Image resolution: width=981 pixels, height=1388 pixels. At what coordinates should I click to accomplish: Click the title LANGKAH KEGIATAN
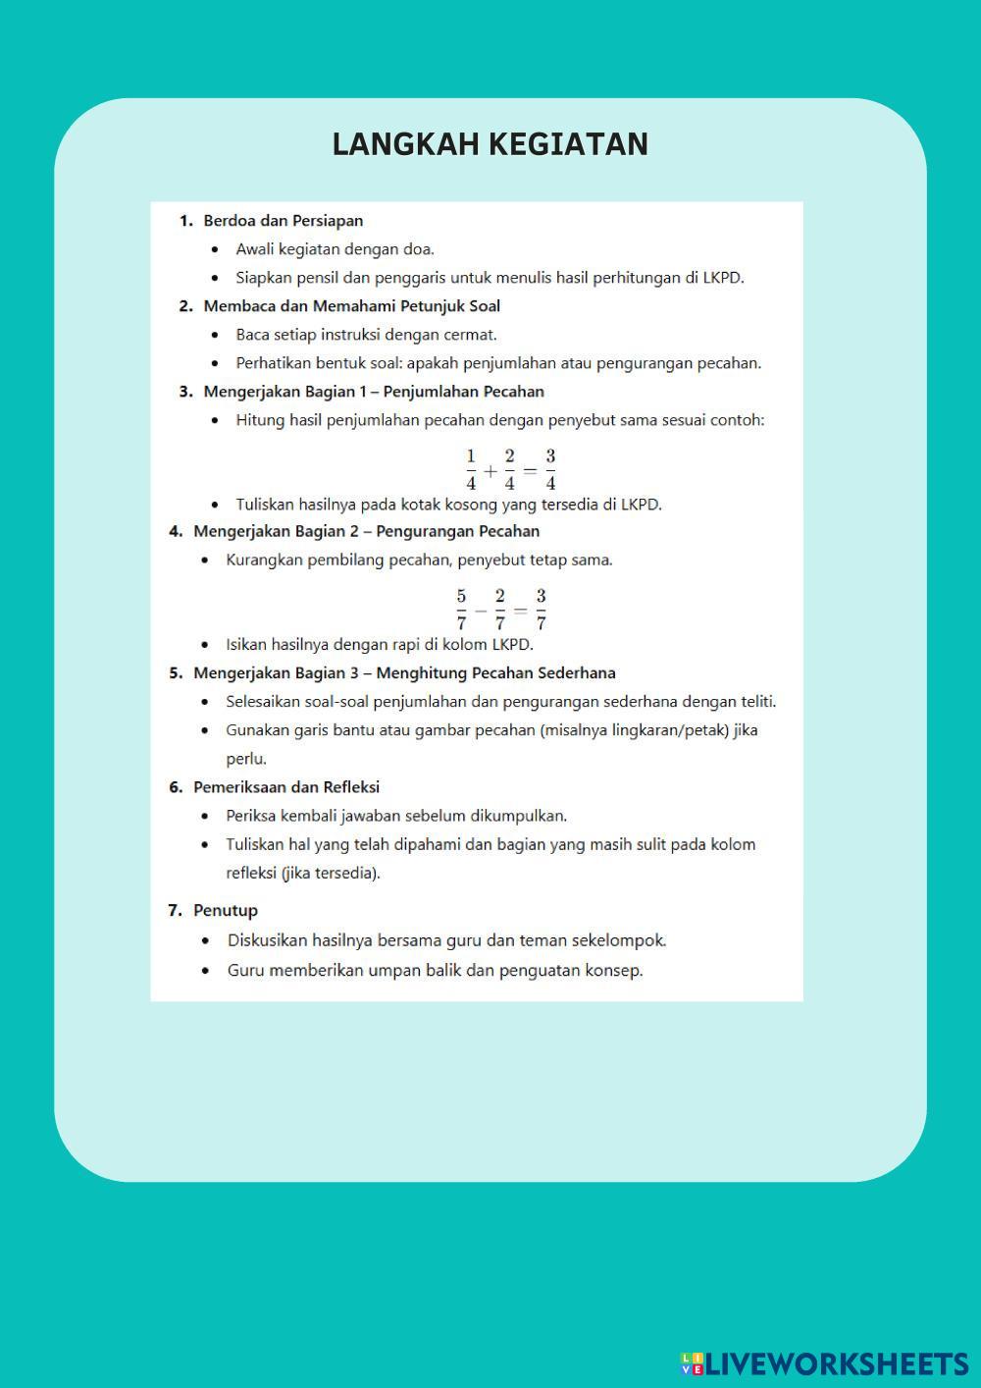tap(490, 143)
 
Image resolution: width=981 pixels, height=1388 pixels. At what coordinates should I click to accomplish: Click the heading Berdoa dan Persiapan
tap(283, 221)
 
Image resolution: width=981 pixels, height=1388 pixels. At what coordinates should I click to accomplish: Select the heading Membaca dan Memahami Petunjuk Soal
tap(351, 306)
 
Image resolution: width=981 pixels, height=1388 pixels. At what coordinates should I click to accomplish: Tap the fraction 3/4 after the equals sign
tap(550, 469)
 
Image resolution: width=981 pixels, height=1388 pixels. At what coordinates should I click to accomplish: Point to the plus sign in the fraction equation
tap(490, 471)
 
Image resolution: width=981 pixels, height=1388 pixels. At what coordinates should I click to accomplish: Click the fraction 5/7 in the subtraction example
tap(461, 609)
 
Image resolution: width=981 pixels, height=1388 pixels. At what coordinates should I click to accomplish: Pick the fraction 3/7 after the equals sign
tap(541, 609)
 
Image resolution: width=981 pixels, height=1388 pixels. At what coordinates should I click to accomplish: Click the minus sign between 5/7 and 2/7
tap(481, 610)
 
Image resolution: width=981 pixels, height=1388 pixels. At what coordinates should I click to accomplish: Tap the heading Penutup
tap(225, 910)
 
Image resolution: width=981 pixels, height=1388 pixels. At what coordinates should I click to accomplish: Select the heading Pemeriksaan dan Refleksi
tap(285, 787)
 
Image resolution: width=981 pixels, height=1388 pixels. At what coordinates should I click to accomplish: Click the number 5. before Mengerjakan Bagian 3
tap(176, 673)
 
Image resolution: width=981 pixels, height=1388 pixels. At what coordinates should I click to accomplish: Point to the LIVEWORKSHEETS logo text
tap(836, 1363)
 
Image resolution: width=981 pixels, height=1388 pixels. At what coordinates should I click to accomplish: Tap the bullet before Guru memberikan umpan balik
tap(205, 971)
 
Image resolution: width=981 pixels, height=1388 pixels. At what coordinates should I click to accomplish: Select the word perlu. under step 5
tap(246, 759)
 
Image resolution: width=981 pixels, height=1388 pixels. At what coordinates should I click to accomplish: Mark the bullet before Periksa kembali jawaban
tap(205, 816)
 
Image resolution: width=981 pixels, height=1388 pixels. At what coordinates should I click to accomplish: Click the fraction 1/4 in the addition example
tap(471, 469)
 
